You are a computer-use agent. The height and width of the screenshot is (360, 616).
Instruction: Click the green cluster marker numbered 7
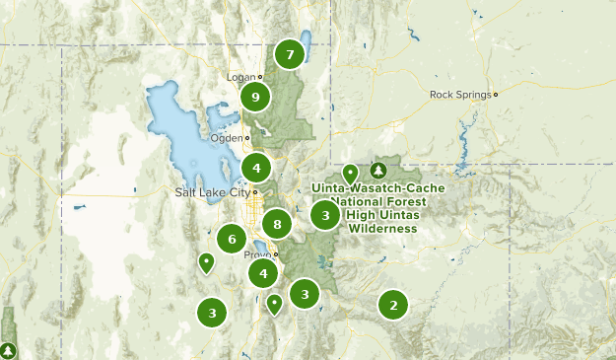[x=289, y=54]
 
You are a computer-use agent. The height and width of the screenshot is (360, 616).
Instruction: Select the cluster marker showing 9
[x=255, y=97]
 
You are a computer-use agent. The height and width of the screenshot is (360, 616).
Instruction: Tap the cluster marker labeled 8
[x=278, y=225]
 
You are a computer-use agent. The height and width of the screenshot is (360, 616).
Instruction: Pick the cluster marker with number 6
[x=232, y=238]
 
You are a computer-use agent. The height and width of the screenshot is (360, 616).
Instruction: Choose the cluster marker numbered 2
[x=393, y=305]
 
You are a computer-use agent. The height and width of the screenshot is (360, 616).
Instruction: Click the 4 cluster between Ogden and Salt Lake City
[x=256, y=167]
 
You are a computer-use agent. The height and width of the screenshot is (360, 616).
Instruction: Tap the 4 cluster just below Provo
[x=262, y=273]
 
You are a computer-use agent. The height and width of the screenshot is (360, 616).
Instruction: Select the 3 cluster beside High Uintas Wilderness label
[x=325, y=215]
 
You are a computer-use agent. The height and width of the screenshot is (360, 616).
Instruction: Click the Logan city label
[x=241, y=76]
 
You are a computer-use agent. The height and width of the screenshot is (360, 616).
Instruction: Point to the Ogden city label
[x=226, y=138]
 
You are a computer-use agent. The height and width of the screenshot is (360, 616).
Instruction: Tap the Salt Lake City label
[x=212, y=192]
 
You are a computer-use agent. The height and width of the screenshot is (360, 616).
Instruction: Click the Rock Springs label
[x=460, y=95]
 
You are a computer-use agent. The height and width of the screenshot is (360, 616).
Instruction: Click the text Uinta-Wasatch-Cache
[x=379, y=187]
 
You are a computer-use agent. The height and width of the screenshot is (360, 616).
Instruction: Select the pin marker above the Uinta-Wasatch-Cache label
[x=350, y=173]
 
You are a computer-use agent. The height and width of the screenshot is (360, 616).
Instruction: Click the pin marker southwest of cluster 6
[x=206, y=262]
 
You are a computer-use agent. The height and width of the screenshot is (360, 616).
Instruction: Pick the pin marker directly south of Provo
[x=275, y=304]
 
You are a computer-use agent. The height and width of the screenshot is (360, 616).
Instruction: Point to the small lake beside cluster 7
[x=307, y=44]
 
